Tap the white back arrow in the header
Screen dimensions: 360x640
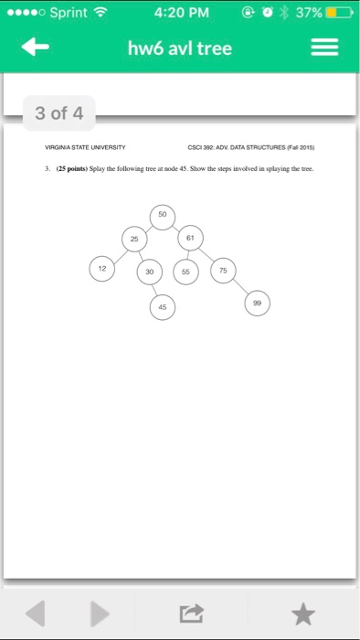(36, 48)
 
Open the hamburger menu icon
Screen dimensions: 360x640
(325, 48)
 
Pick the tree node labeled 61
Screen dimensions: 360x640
(189, 238)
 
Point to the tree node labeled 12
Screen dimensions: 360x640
(101, 269)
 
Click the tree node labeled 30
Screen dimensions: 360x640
(149, 272)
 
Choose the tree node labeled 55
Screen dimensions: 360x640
(186, 272)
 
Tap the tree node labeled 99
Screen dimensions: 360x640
(258, 304)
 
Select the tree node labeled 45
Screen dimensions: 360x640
(162, 308)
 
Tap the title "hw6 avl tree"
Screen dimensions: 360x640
(180, 48)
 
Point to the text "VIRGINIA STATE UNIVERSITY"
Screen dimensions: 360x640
(86, 147)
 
